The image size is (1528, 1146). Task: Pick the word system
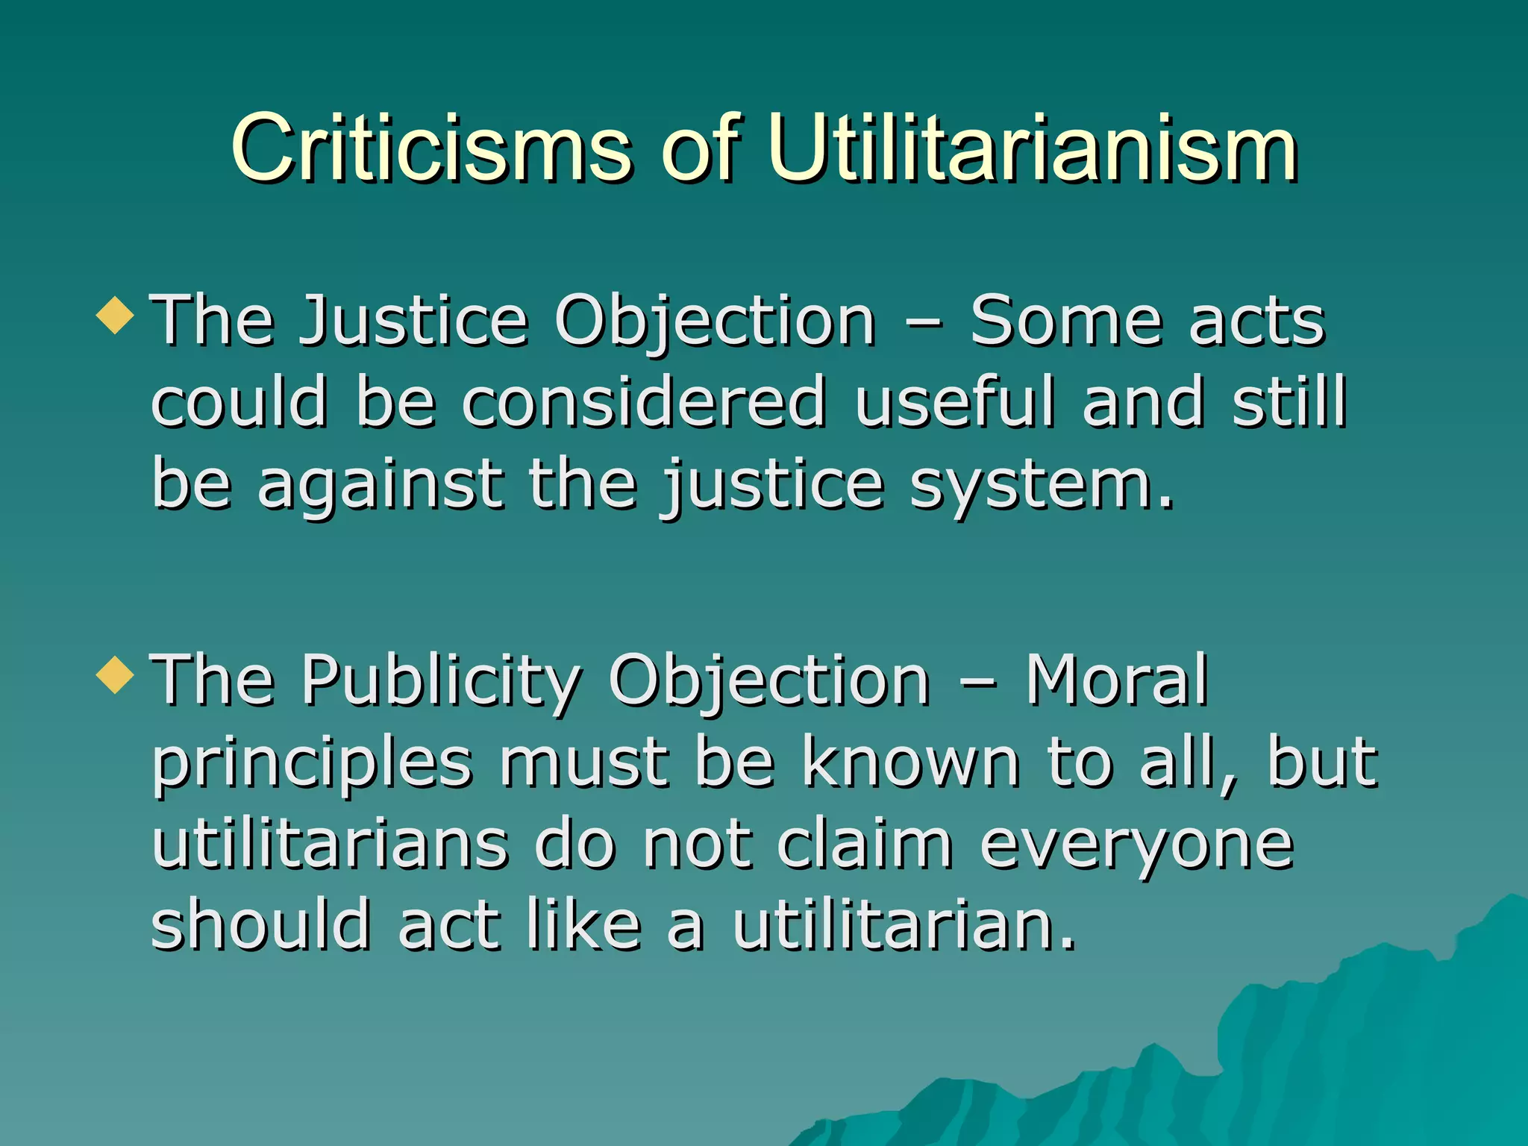[1041, 485]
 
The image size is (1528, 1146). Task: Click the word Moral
[1116, 680]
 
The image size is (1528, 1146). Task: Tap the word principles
[312, 765]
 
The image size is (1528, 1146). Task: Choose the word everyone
[1136, 847]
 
